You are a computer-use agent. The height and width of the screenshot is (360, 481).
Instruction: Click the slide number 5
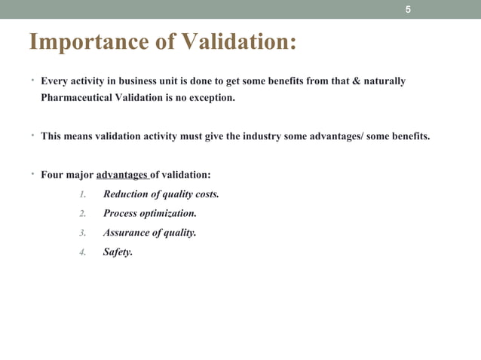coord(408,10)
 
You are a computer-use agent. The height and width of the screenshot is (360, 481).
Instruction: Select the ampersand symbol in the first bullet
coord(357,81)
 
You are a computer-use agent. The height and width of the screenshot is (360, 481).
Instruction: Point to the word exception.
coord(212,98)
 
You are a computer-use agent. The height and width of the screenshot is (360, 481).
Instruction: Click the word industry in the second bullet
coord(257,137)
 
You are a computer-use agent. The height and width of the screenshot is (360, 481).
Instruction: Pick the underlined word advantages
coord(122,175)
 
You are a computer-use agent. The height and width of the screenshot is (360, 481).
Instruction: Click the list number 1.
coord(83,194)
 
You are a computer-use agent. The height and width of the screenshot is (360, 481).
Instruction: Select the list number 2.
coord(83,214)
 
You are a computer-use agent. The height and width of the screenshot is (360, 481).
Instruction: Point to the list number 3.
coord(83,233)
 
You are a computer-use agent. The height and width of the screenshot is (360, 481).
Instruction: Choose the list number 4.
coord(83,253)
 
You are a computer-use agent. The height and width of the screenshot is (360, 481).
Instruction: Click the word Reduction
coord(127,194)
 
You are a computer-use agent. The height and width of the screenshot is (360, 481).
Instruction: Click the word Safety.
coord(118,253)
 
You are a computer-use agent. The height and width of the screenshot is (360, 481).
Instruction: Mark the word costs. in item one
coord(205,194)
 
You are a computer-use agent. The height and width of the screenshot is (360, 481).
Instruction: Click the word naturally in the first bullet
coord(384,81)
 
